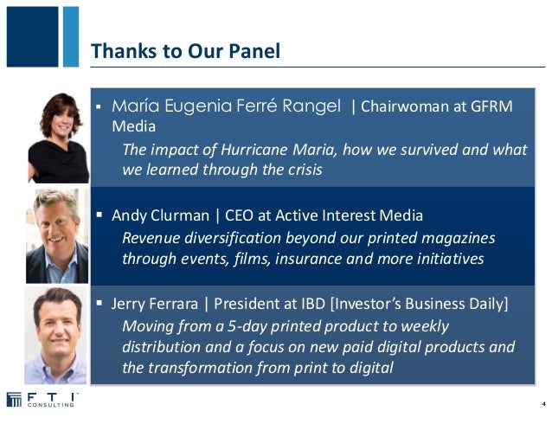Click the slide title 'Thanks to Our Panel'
(x=185, y=51)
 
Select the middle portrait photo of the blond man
(x=57, y=236)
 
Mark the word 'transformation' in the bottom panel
(x=196, y=367)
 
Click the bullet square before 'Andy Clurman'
(x=99, y=214)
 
